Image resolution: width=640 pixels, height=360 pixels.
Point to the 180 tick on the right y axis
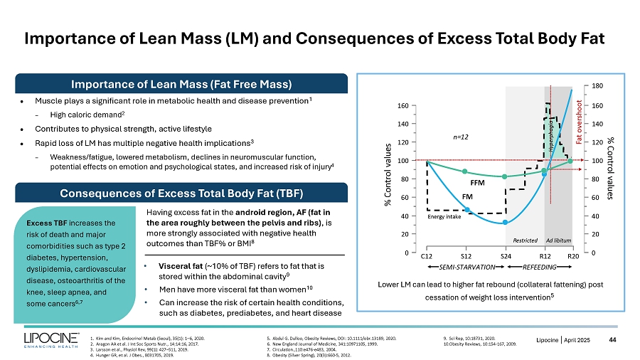(597, 86)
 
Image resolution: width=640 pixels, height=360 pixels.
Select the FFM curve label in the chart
(477, 182)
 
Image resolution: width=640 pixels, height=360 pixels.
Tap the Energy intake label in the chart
(444, 218)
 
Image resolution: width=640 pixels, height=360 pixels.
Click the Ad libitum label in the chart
(558, 240)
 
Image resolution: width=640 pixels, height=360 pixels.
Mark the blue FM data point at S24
(505, 222)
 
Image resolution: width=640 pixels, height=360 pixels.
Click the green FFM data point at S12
(465, 171)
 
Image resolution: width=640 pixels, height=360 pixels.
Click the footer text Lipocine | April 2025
(563, 340)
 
